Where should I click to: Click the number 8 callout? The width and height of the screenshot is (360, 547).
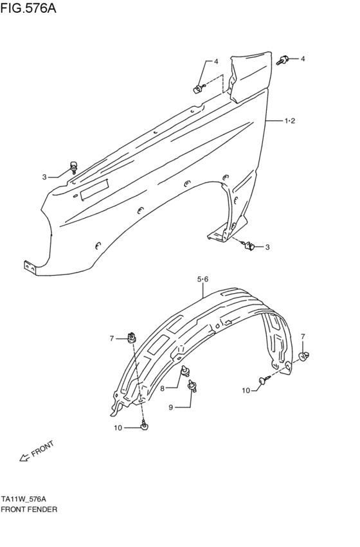(x=163, y=388)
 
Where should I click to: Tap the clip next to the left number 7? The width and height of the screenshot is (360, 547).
(x=132, y=336)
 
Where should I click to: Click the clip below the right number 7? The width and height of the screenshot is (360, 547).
(x=306, y=353)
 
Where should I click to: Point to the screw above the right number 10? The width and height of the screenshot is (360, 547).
(x=264, y=381)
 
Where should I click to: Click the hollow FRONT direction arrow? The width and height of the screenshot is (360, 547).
(x=24, y=458)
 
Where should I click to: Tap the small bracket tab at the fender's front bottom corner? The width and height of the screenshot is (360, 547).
(x=30, y=266)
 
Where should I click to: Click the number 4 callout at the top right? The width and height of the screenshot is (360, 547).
(x=303, y=59)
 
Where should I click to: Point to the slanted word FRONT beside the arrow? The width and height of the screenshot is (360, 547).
(x=42, y=449)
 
